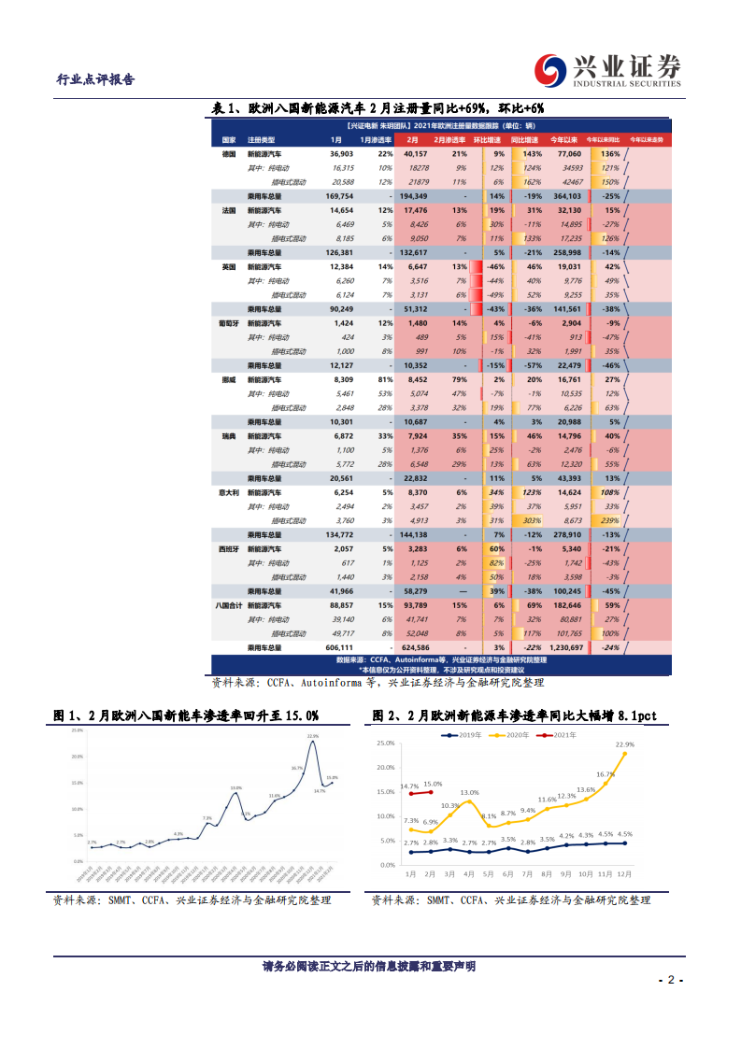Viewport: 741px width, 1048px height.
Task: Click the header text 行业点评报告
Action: (x=96, y=79)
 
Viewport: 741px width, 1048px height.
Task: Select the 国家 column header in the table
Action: (x=228, y=139)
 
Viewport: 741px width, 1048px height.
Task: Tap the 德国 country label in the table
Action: (x=229, y=153)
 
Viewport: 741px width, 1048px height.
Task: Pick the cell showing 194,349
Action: (x=412, y=197)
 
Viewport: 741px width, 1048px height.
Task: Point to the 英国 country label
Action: (x=229, y=266)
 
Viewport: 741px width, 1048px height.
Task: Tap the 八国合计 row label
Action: (x=231, y=605)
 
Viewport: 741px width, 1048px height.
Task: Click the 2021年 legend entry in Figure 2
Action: (x=562, y=736)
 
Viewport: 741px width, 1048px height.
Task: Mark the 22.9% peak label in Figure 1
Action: (x=312, y=736)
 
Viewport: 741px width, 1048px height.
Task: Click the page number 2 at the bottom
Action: (x=670, y=980)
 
